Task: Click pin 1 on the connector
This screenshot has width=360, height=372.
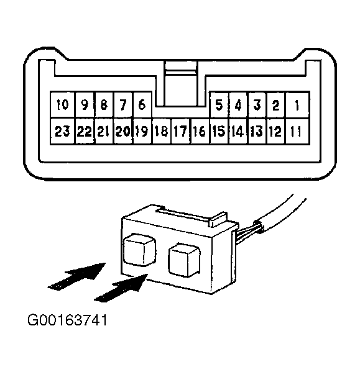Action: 298,105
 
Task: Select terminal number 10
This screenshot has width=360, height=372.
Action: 62,104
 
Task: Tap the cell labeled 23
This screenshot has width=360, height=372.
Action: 62,131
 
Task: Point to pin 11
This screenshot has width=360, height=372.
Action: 298,131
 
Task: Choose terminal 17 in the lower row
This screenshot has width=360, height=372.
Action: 181,131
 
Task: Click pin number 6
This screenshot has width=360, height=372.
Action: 142,104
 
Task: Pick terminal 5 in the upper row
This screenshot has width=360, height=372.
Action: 219,105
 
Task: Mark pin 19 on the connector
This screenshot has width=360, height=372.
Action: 142,131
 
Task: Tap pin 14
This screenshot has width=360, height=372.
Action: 238,131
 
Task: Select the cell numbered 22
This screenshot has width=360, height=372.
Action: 85,131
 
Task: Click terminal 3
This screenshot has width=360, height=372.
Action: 257,105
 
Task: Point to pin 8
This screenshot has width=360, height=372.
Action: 104,104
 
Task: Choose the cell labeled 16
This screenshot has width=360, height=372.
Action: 200,131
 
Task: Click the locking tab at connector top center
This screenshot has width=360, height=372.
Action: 181,83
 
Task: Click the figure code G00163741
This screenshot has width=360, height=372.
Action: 67,320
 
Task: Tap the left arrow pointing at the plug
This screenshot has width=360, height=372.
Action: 76,276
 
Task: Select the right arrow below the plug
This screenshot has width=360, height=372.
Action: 121,288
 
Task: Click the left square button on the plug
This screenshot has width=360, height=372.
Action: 140,250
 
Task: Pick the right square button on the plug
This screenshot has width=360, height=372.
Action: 184,260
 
